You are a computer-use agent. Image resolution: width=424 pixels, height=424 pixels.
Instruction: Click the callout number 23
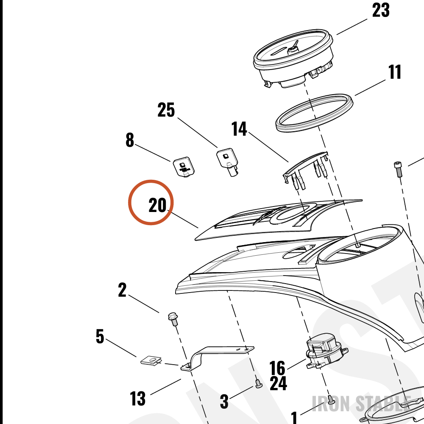pos(381,10)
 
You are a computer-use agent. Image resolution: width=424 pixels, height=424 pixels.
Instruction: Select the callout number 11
pos(394,72)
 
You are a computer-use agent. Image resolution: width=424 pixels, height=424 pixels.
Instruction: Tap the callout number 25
pos(166,110)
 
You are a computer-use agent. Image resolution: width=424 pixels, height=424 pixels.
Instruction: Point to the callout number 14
pos(239,129)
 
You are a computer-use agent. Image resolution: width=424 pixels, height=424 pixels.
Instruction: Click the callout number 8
pos(130,140)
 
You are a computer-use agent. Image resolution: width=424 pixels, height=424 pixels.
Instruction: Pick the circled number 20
pos(157,205)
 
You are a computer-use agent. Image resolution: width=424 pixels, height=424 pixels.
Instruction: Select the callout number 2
pos(122,290)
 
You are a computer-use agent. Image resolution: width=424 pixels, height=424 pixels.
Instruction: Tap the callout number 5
pos(100,337)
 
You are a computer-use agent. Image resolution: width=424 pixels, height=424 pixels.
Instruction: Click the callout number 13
pos(138,398)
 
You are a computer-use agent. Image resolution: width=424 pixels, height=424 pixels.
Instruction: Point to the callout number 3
pos(224,401)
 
